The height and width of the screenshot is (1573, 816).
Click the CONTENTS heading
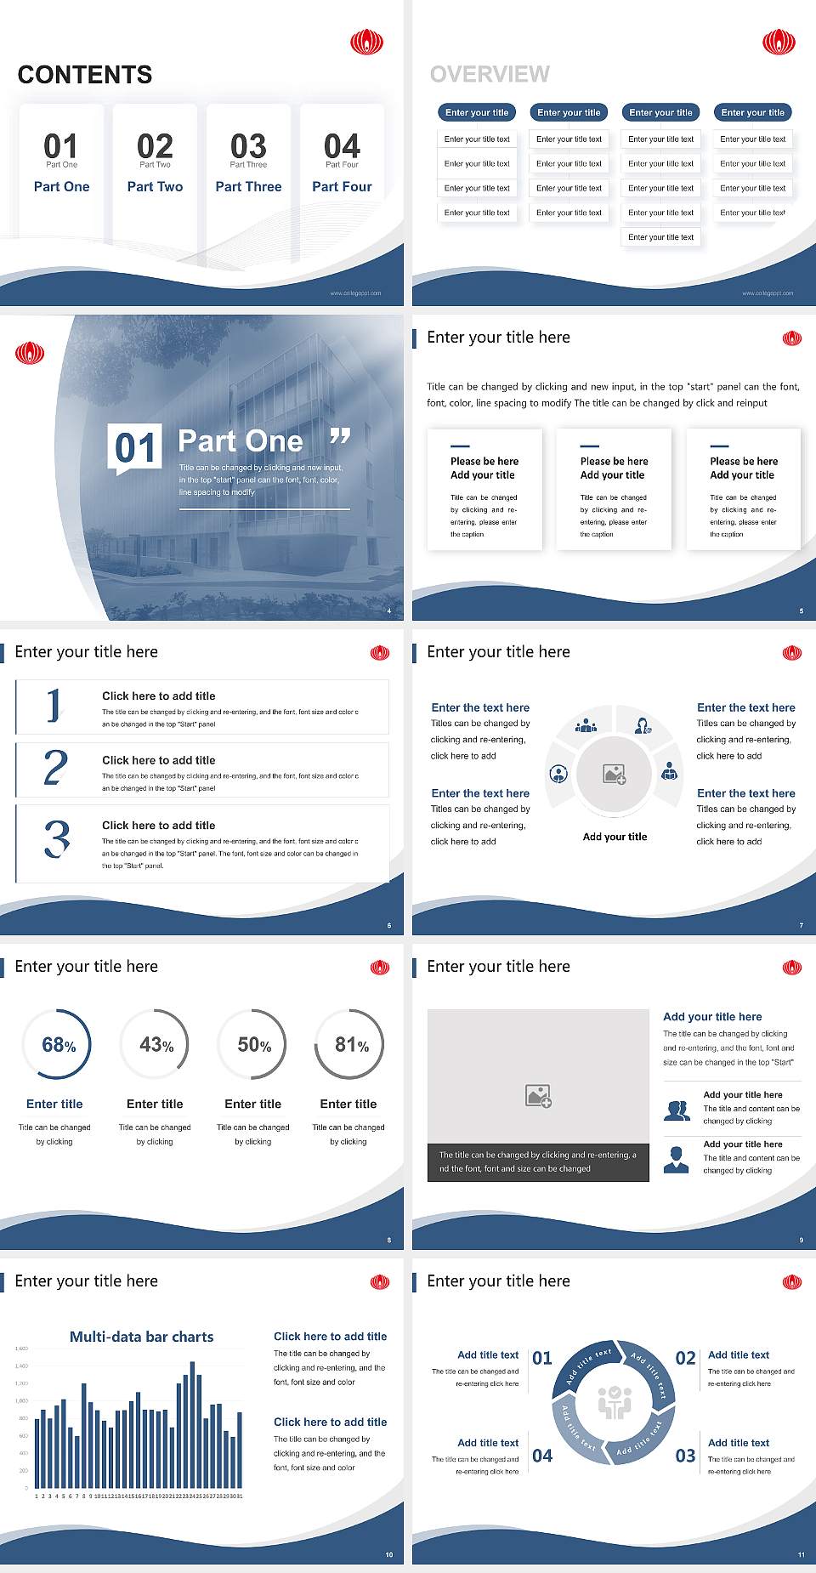(85, 75)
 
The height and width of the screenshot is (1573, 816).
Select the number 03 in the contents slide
(248, 145)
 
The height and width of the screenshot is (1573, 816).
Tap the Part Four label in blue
(342, 186)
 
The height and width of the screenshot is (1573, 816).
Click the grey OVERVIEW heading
(490, 74)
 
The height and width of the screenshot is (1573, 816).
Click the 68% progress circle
(56, 1044)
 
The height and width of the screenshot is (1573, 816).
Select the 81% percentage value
(351, 1045)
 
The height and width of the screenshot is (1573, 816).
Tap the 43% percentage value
(156, 1045)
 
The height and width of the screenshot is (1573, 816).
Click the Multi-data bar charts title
(142, 1337)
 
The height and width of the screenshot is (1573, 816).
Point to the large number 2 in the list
(55, 768)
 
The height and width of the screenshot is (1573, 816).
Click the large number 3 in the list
(57, 838)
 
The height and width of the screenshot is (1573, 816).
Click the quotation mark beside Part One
(340, 437)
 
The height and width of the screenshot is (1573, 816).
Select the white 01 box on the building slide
(136, 447)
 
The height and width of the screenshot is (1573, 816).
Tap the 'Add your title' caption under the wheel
(615, 837)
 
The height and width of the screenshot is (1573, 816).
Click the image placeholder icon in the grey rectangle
(539, 1096)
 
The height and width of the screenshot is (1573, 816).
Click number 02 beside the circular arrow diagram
(685, 1358)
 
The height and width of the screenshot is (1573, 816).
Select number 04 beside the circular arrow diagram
(542, 1456)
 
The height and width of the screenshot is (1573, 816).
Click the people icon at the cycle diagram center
(615, 1402)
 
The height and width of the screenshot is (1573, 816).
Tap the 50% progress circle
(252, 1044)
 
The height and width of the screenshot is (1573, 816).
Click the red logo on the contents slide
(367, 42)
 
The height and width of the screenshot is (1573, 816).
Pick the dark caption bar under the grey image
(538, 1161)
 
